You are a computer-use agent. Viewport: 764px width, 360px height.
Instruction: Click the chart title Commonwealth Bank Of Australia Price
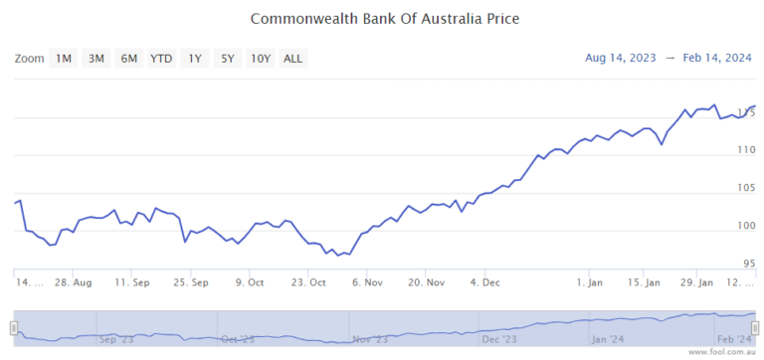point(385,19)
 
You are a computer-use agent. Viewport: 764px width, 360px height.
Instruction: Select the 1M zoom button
point(64,59)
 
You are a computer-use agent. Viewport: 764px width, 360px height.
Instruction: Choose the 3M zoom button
point(96,59)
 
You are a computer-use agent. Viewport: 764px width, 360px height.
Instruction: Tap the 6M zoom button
point(129,59)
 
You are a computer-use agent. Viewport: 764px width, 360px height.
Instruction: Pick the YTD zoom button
point(161,59)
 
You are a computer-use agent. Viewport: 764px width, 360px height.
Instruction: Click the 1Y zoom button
point(195,59)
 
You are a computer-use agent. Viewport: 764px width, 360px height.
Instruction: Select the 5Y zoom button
point(228,59)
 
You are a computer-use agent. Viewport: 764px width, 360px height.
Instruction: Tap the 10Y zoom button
point(261,59)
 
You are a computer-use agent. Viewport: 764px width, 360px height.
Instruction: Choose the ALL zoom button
point(293,59)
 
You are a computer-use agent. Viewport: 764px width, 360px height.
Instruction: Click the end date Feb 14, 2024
point(718,58)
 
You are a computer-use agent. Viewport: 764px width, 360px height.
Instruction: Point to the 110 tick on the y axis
point(745,150)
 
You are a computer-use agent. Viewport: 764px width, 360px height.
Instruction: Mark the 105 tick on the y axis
point(745,188)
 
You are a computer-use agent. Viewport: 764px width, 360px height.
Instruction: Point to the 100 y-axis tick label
point(745,226)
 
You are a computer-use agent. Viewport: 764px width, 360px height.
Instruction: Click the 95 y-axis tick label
point(747,264)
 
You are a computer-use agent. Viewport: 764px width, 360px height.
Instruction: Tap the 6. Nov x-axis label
point(368,282)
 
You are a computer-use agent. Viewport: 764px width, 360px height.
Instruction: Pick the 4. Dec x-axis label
point(485,282)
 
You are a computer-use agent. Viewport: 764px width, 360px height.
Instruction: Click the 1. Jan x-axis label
point(590,282)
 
